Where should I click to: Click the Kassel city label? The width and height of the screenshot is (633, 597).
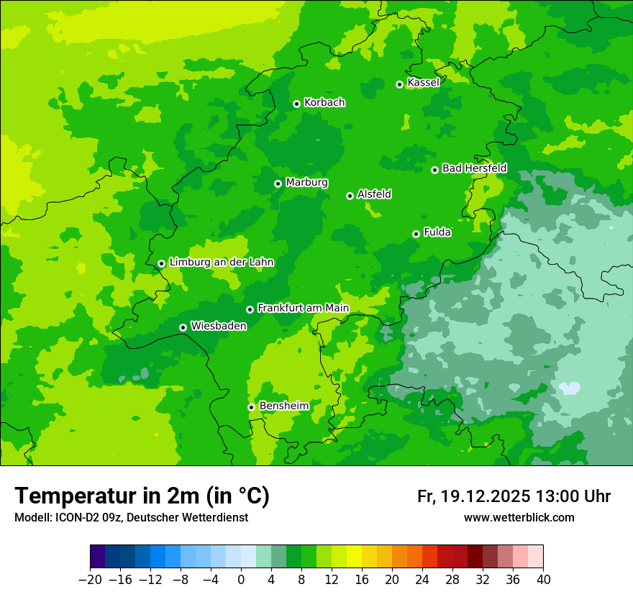pos(423,83)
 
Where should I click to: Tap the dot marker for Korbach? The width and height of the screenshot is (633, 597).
pos(296,104)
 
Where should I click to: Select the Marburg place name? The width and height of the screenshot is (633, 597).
pos(306,183)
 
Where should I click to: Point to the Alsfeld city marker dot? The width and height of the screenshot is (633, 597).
pos(350,196)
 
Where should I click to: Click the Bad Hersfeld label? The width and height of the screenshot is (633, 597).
pos(474,168)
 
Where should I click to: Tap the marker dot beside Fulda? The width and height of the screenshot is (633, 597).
pos(416,234)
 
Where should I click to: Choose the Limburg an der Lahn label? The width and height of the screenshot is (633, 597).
pos(221,263)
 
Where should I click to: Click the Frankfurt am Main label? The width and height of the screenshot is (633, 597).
pos(303,309)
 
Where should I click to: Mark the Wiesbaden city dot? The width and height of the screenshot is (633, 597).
pos(183,327)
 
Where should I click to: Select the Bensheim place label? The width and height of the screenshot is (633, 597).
pos(283,406)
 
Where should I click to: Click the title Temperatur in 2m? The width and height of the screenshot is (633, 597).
pos(142,496)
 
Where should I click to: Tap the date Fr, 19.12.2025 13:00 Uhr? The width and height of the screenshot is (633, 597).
pos(514,496)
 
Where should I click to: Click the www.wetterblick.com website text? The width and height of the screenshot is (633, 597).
pos(519,517)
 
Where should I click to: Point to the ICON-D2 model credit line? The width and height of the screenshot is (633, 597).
pos(131,517)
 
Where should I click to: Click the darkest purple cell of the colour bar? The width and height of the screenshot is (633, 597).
pos(98,557)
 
